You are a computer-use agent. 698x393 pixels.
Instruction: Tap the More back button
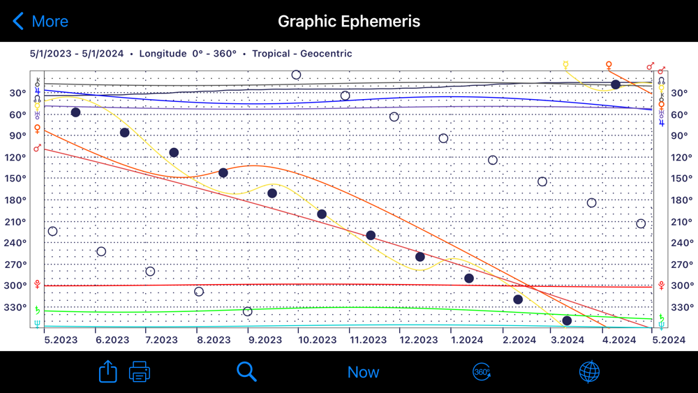coord(40,21)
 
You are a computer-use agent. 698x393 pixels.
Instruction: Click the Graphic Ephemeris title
coord(349,21)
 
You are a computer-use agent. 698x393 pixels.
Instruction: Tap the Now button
coord(363,372)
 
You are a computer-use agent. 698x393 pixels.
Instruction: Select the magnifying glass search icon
coord(246,371)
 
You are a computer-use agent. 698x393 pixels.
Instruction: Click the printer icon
coord(140,372)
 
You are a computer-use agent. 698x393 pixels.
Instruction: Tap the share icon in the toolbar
coord(108,371)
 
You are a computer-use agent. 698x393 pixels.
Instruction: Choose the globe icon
coord(590,372)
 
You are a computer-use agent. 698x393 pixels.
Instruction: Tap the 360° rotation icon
coord(482,372)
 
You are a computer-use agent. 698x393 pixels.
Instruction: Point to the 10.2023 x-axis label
coord(318,340)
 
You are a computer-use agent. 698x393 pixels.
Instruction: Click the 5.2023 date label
coord(61,340)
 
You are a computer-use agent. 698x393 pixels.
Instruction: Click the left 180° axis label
coord(16,200)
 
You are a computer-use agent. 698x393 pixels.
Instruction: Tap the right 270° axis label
coord(681,265)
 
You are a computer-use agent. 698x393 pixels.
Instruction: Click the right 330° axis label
coord(681,308)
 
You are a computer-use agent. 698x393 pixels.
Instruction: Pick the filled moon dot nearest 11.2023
coord(371,235)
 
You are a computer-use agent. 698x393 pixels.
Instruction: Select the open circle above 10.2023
coord(296,75)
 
